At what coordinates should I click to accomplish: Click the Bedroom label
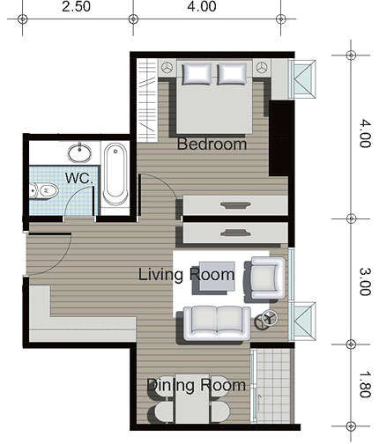[212, 144]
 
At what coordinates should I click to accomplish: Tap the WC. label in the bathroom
[79, 178]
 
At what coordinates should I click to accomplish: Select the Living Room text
[186, 275]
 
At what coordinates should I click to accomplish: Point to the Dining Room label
[197, 385]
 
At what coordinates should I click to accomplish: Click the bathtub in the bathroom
[115, 174]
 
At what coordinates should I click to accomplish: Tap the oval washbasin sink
[79, 152]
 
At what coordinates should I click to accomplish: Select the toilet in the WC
[44, 191]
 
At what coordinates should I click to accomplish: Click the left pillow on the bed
[197, 74]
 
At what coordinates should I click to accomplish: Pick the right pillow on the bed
[232, 74]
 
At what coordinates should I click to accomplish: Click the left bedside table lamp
[167, 68]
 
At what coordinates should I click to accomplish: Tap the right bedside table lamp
[262, 68]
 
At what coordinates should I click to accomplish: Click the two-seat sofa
[217, 323]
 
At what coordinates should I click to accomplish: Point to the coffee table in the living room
[217, 276]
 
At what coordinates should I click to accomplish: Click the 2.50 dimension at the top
[76, 6]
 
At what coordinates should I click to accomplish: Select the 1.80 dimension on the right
[365, 384]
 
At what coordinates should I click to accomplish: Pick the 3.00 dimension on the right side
[365, 282]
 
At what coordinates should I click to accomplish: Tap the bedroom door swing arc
[165, 181]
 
